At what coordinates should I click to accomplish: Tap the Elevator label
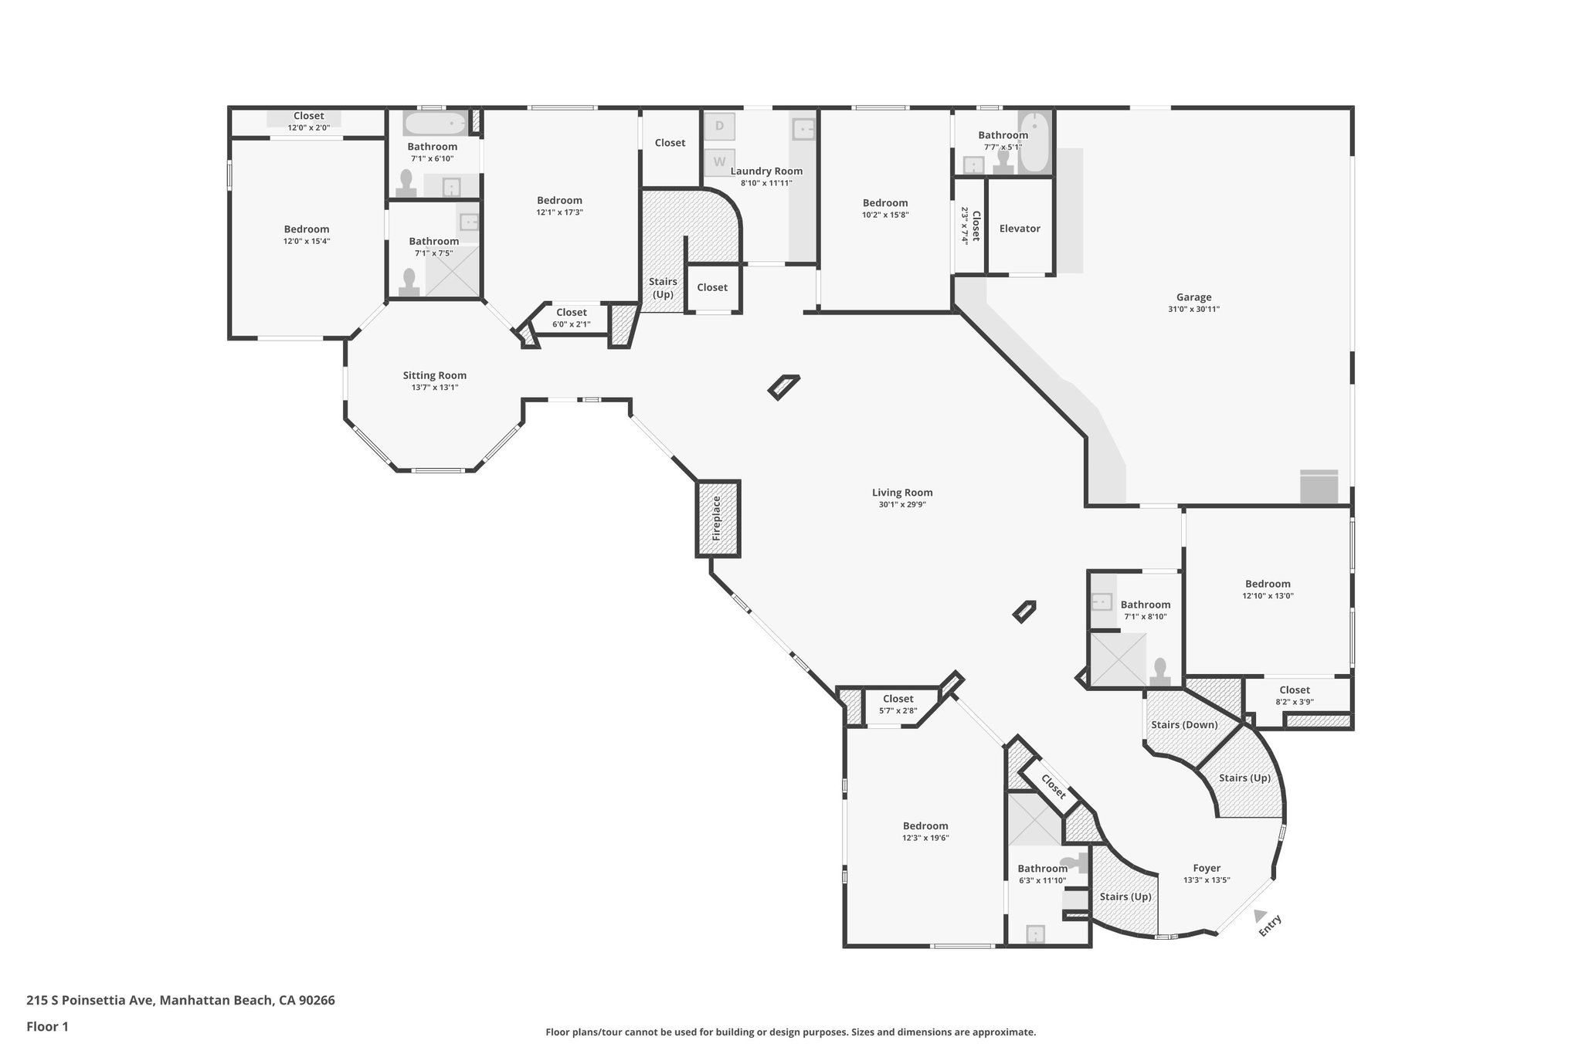[1020, 229]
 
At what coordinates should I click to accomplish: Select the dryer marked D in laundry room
[720, 126]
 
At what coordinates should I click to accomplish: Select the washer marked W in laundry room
[720, 162]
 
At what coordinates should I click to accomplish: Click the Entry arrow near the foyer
[1259, 916]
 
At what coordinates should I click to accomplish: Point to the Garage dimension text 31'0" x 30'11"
[1193, 309]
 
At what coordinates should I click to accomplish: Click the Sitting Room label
[434, 375]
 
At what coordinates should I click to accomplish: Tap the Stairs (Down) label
[1183, 724]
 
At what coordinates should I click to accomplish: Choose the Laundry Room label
[766, 171]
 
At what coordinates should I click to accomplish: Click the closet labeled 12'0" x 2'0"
[308, 122]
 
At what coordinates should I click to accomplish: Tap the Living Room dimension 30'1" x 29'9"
[901, 504]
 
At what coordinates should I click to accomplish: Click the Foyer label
[1206, 868]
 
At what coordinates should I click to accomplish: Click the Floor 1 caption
[47, 1026]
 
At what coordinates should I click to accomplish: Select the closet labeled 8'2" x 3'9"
[1294, 695]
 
